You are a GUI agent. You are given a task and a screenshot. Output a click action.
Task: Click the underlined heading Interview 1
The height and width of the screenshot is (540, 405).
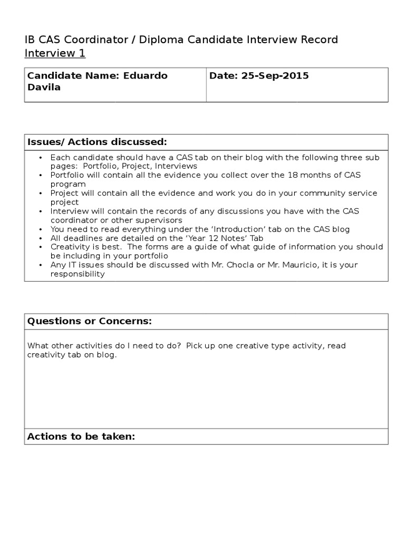(x=55, y=53)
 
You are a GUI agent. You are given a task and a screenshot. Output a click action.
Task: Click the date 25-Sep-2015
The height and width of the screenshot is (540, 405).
(x=275, y=76)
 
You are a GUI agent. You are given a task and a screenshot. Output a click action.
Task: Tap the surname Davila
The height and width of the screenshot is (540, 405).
(x=44, y=88)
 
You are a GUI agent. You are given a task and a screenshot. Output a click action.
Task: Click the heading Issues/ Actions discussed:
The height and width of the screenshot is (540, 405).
(x=97, y=142)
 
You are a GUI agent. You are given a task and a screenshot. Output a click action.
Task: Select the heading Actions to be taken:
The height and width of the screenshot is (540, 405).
(x=81, y=437)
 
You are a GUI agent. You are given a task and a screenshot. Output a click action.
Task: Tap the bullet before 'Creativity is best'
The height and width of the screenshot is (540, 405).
(x=41, y=247)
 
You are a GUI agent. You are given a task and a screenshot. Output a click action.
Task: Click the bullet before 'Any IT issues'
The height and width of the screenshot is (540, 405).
(x=41, y=265)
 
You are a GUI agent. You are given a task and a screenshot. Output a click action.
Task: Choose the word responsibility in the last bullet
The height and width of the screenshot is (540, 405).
(x=78, y=274)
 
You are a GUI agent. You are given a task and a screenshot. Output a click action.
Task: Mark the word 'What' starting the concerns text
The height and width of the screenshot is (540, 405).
(x=37, y=346)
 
